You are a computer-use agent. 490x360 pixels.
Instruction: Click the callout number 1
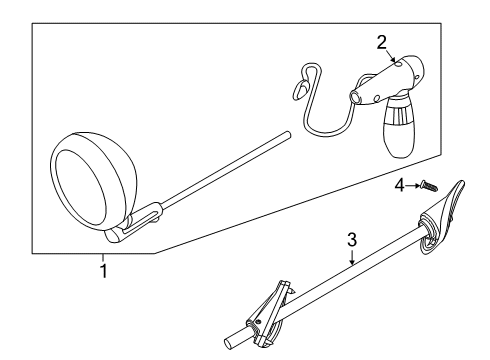tap(103, 271)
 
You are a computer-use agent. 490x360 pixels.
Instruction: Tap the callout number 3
tap(351, 239)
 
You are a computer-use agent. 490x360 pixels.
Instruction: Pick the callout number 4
tap(398, 185)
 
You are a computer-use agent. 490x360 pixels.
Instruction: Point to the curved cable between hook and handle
tap(330, 115)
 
